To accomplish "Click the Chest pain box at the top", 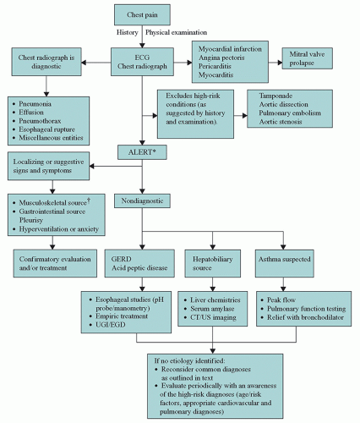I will click(143, 14).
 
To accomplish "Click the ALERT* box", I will click(143, 151).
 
